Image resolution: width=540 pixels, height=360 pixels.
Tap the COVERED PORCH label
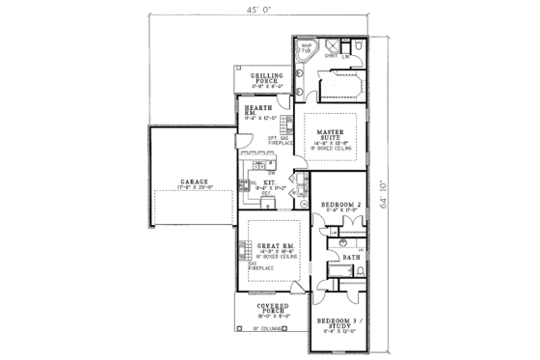(274, 309)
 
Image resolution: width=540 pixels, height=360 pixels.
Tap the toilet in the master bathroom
(359, 44)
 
